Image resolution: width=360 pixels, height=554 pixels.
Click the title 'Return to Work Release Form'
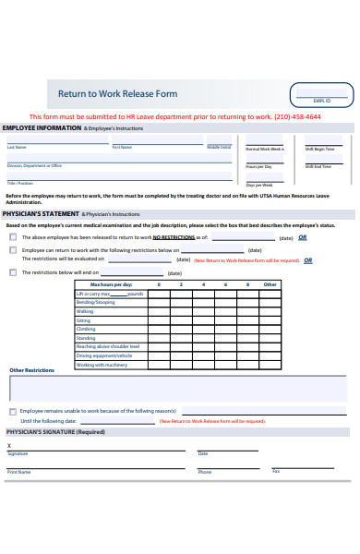click(117, 93)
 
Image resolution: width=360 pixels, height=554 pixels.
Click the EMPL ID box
click(322, 94)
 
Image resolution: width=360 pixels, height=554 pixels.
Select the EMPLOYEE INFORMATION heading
click(42, 128)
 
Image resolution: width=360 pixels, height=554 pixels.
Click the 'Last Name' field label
click(18, 147)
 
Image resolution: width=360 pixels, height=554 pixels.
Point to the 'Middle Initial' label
click(219, 147)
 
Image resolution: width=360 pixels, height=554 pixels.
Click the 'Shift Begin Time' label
click(319, 148)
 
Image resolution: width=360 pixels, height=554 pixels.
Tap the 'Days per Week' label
click(258, 185)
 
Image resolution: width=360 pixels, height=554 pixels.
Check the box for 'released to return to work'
click(13, 237)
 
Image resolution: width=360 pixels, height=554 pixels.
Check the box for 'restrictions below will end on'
click(13, 272)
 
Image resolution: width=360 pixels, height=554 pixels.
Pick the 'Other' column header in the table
click(270, 284)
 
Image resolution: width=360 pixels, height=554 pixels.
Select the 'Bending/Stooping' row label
click(96, 302)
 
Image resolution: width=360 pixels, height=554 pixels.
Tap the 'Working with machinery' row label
click(102, 364)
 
